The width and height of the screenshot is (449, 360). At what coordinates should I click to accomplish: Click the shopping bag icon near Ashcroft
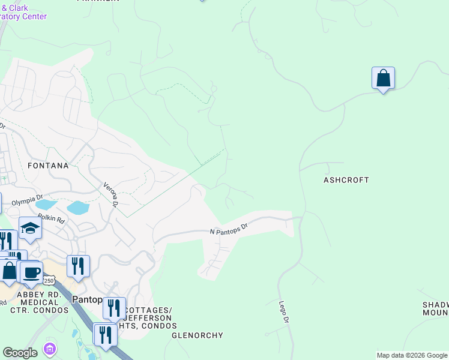click(383, 79)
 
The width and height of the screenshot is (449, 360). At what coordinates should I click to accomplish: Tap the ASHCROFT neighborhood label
click(346, 180)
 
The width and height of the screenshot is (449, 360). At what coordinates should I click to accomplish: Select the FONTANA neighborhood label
click(47, 164)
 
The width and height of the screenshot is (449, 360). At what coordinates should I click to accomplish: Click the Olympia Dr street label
click(27, 201)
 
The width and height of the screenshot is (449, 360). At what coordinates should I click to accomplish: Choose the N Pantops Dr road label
click(229, 230)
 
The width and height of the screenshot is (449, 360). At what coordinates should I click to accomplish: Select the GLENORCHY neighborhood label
click(197, 335)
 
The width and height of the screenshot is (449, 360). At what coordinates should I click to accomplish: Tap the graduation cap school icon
click(29, 229)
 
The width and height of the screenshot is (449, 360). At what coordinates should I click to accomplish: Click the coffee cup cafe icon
click(31, 272)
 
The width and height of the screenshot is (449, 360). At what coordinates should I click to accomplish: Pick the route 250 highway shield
click(49, 281)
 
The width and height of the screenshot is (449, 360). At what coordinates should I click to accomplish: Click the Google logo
click(20, 353)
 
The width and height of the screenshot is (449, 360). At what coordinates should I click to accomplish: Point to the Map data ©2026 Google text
click(412, 355)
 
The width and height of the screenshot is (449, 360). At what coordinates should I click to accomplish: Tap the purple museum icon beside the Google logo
click(50, 349)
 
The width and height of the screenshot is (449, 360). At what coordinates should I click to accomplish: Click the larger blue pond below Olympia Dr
click(78, 208)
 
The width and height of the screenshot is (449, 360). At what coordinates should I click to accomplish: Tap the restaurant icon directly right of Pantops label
click(114, 308)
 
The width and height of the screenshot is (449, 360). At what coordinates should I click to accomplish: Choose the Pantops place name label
click(88, 299)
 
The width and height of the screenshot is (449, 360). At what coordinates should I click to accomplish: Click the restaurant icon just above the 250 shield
click(78, 266)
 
